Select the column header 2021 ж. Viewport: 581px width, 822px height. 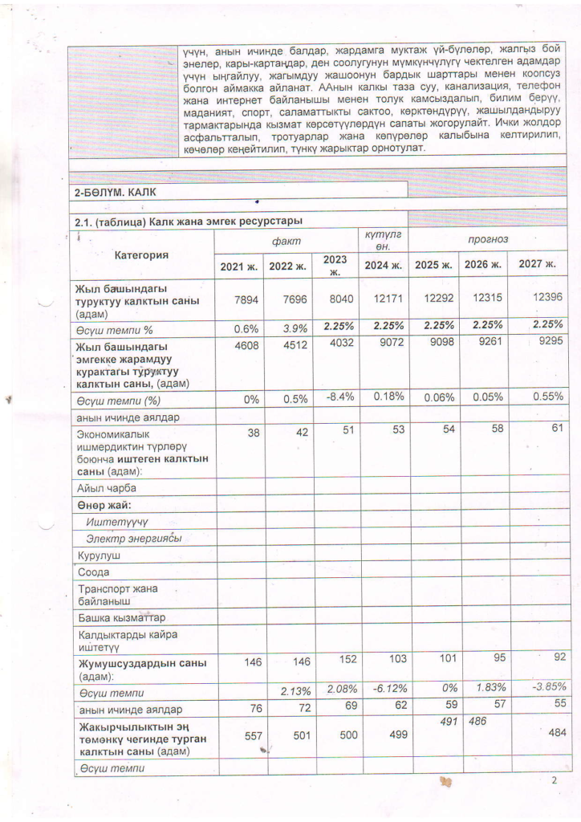point(238,266)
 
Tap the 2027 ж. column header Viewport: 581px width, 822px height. point(538,263)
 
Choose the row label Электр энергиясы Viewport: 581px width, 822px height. point(133,538)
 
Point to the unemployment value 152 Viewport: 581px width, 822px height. point(335,660)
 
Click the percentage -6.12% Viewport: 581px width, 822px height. point(384,688)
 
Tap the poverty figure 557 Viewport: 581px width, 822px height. point(239,735)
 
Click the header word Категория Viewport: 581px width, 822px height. point(141,255)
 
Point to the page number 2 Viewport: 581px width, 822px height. point(553,779)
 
